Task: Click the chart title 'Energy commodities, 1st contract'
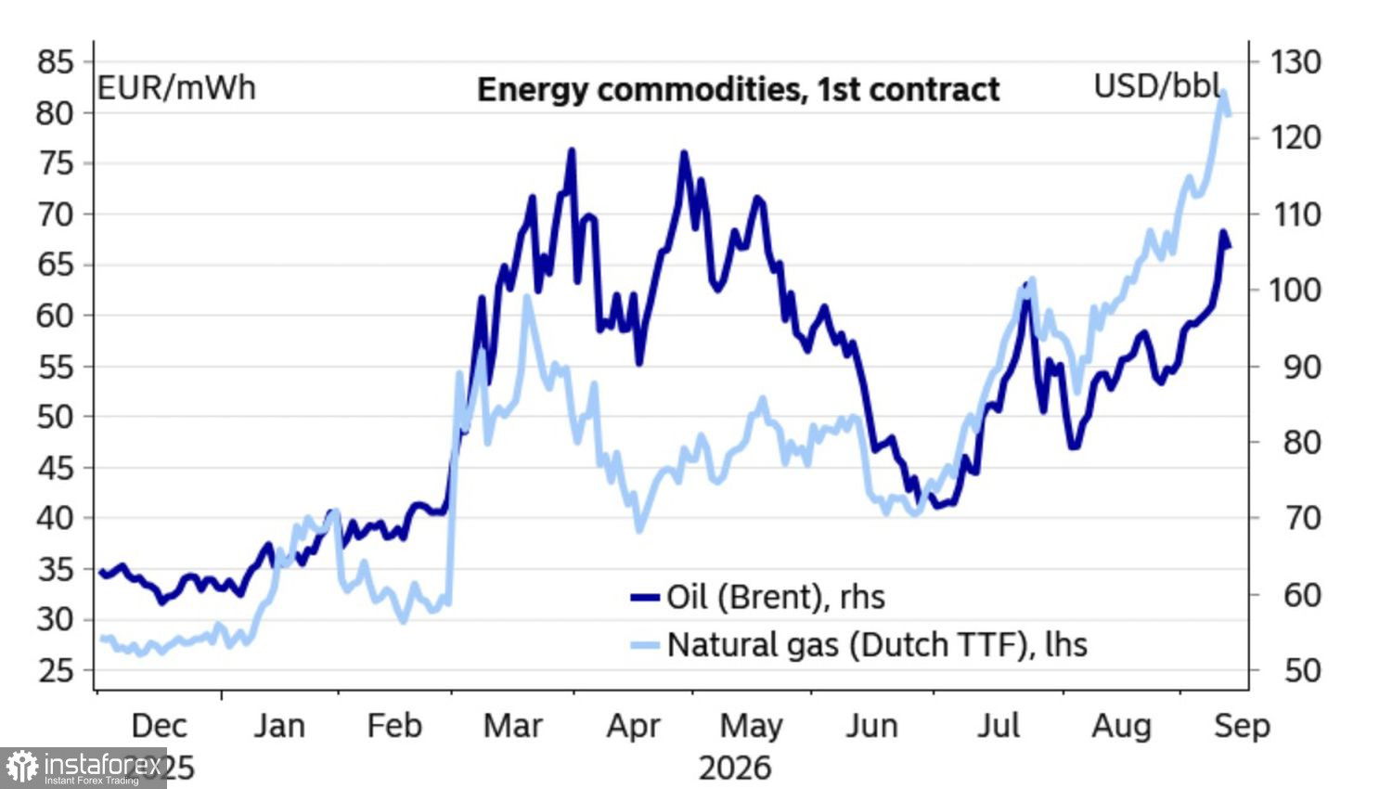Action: [739, 89]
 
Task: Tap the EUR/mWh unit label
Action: [176, 87]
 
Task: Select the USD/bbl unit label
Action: [1157, 85]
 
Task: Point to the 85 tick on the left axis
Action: [56, 62]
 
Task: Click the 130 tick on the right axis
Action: [1295, 62]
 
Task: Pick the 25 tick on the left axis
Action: [56, 670]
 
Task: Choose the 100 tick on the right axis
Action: [1295, 291]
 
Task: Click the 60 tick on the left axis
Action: [56, 316]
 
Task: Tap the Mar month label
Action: [512, 726]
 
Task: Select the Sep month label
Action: [1243, 726]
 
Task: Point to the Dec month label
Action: [159, 726]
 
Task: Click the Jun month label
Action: [871, 726]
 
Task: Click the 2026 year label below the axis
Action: [735, 769]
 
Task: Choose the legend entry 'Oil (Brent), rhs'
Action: [757, 597]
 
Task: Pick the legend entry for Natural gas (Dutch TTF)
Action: [858, 644]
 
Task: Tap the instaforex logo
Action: [84, 768]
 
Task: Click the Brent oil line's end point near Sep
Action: [1229, 246]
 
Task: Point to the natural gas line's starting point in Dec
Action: [102, 640]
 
